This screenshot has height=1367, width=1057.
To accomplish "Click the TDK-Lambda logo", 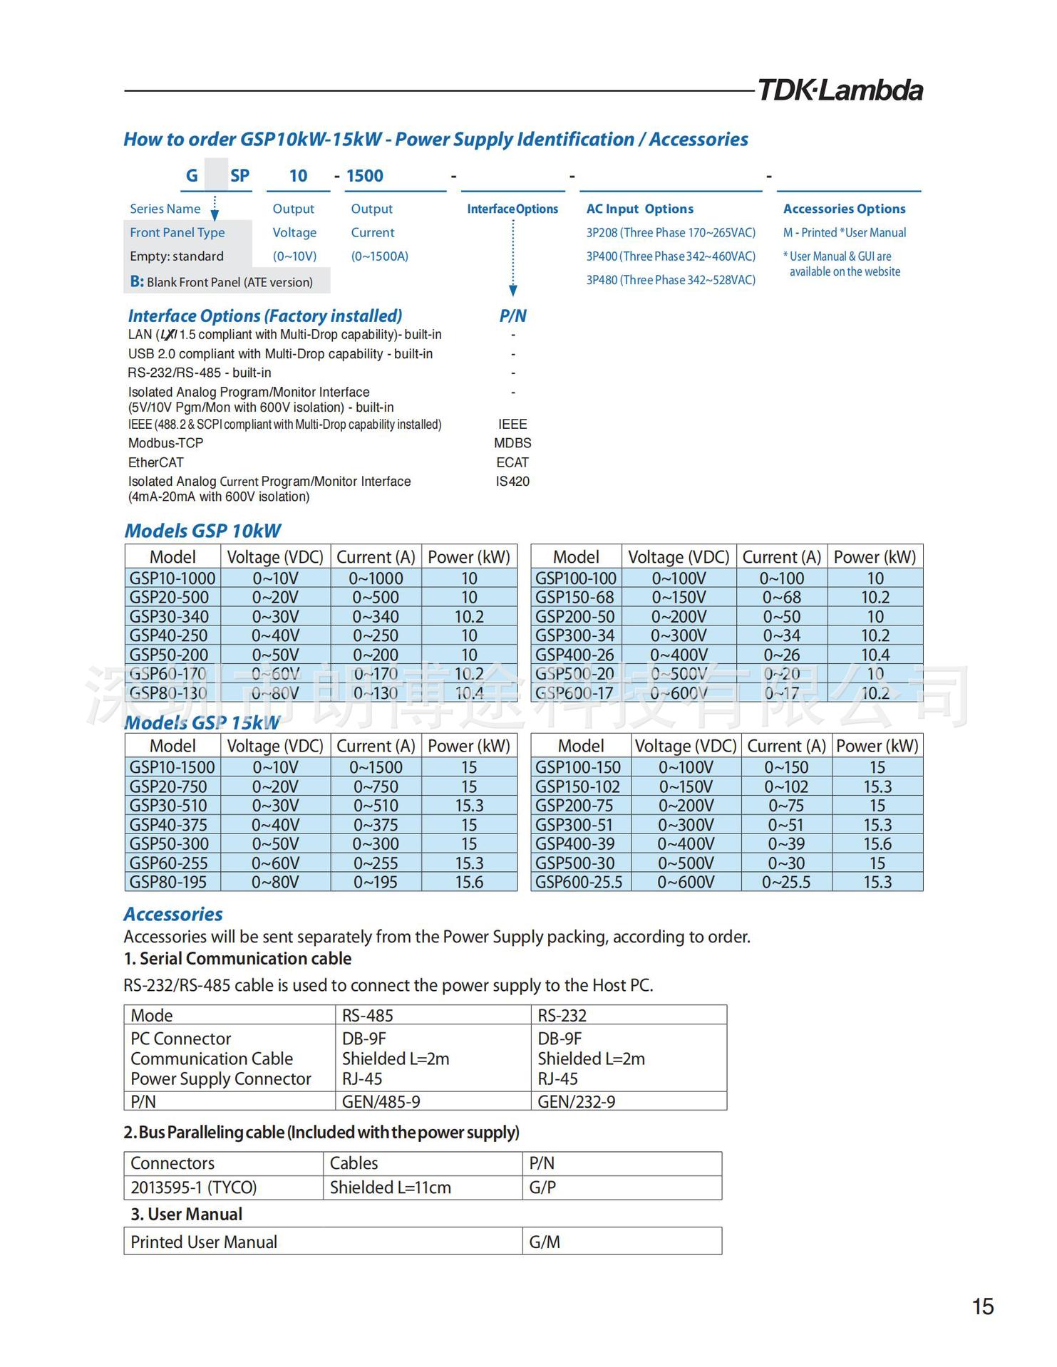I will (840, 90).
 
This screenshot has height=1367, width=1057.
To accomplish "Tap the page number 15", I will (982, 1306).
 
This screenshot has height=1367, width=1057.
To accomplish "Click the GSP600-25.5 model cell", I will (579, 882).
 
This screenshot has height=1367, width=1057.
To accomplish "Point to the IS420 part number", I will (512, 482).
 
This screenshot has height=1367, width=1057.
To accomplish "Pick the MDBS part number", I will (512, 443).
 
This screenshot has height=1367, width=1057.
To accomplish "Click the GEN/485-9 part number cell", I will (381, 1101).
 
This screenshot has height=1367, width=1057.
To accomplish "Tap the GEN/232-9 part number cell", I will (576, 1101).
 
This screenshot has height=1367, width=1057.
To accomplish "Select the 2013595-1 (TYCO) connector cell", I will (194, 1187).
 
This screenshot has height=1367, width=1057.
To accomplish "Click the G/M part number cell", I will (545, 1242).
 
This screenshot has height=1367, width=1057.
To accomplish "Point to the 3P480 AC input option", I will (671, 280).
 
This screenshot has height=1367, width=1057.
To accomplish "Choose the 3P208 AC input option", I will (671, 233).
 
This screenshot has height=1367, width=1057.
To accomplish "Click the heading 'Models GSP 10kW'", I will (202, 531).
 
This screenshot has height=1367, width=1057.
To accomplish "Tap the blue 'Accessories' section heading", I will (173, 914).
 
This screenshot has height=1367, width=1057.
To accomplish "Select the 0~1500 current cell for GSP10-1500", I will (376, 767).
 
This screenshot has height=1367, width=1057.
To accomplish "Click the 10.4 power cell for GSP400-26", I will (875, 655).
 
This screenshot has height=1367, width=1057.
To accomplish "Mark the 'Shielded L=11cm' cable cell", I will (390, 1187).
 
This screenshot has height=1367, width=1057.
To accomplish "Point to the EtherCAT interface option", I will (156, 462).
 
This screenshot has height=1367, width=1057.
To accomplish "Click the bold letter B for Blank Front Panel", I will (137, 281).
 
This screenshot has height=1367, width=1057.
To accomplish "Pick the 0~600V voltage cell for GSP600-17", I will (679, 692).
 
